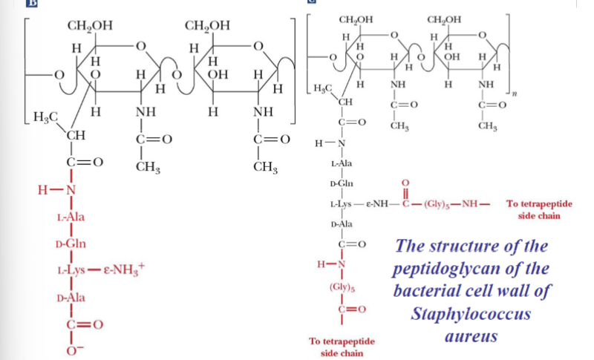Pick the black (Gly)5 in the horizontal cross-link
[x=433, y=203]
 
